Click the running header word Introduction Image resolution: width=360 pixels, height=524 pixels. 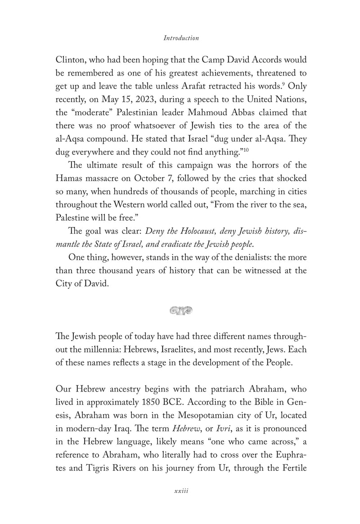(181, 38)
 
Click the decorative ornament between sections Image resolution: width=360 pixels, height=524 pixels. (180, 310)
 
